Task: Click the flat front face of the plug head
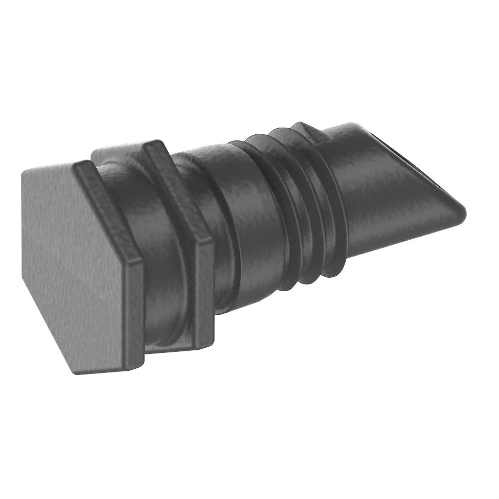[x=72, y=268]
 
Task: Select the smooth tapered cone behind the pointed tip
[x=381, y=195]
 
